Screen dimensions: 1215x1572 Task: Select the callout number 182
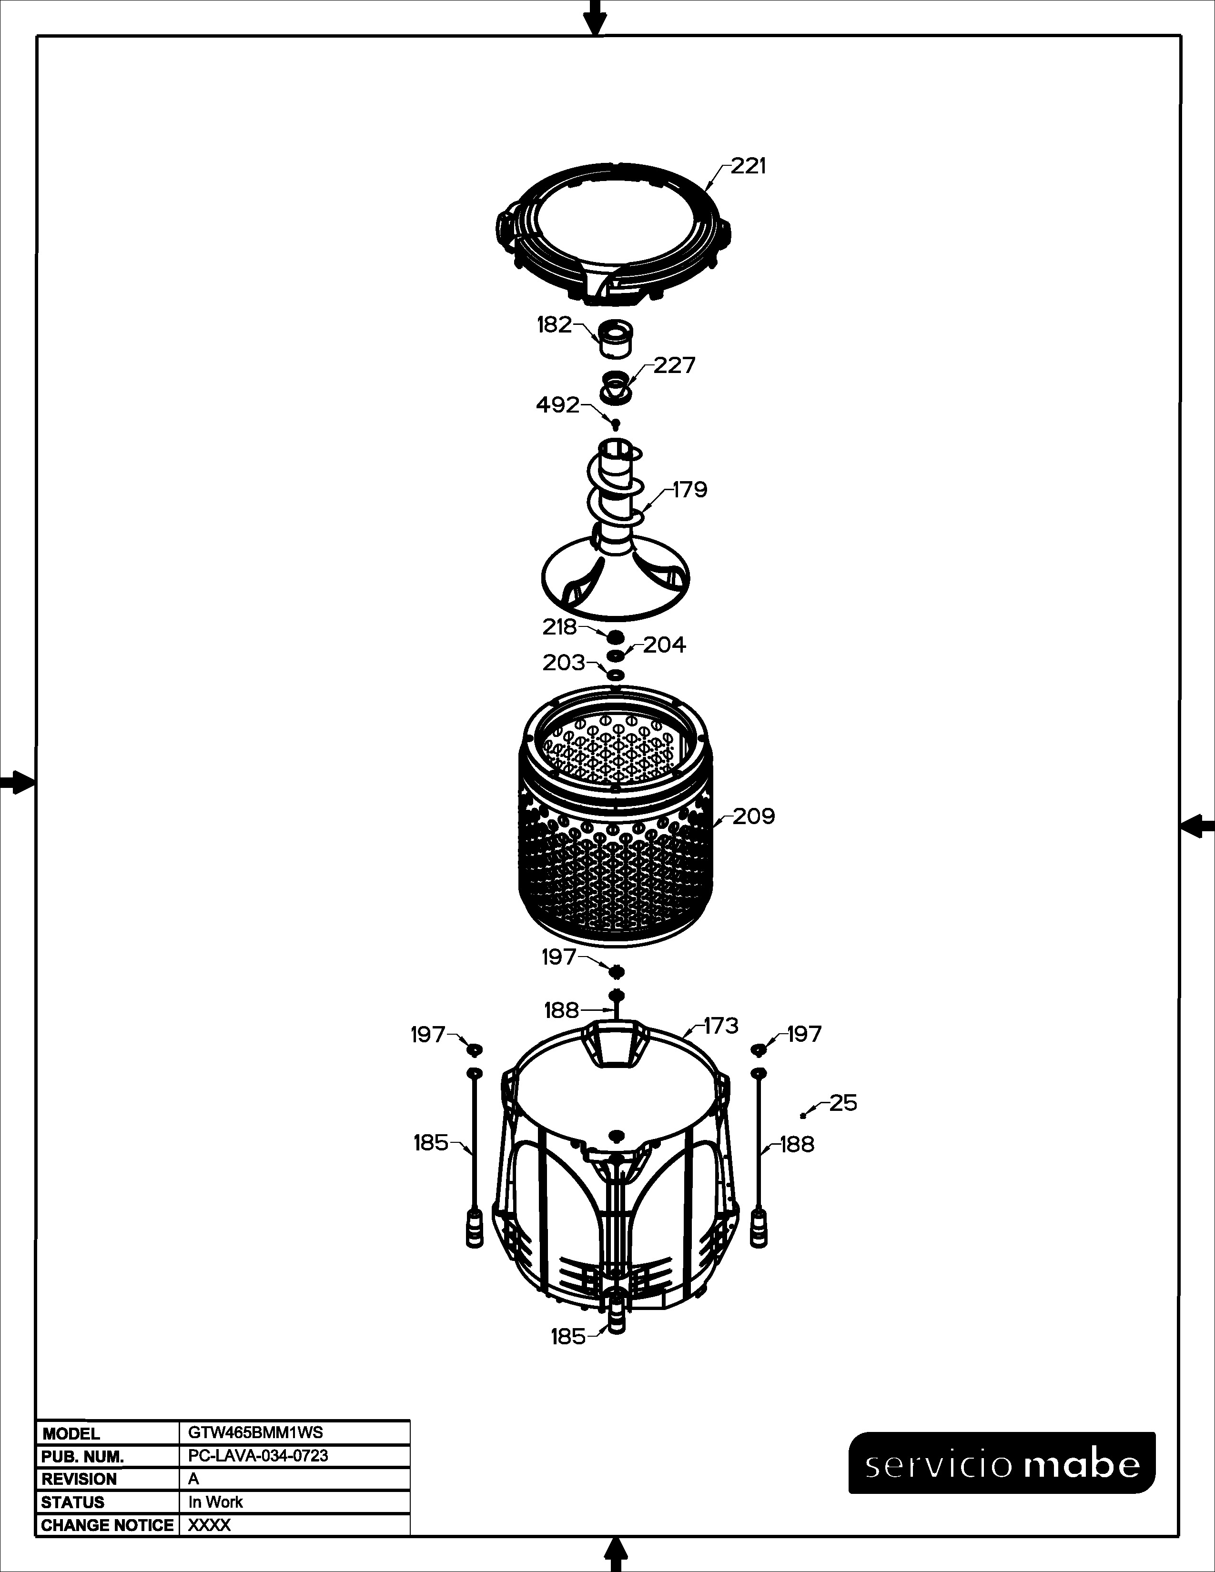click(x=554, y=325)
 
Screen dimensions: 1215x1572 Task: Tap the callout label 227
click(x=674, y=366)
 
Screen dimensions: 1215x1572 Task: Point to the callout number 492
click(x=558, y=405)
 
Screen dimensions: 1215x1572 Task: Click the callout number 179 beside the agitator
click(x=690, y=490)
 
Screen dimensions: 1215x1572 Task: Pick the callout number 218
click(x=560, y=628)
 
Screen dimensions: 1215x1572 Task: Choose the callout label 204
click(x=664, y=645)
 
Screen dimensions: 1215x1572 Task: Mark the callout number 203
click(x=564, y=663)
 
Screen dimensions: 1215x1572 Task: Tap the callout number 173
click(x=720, y=1026)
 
